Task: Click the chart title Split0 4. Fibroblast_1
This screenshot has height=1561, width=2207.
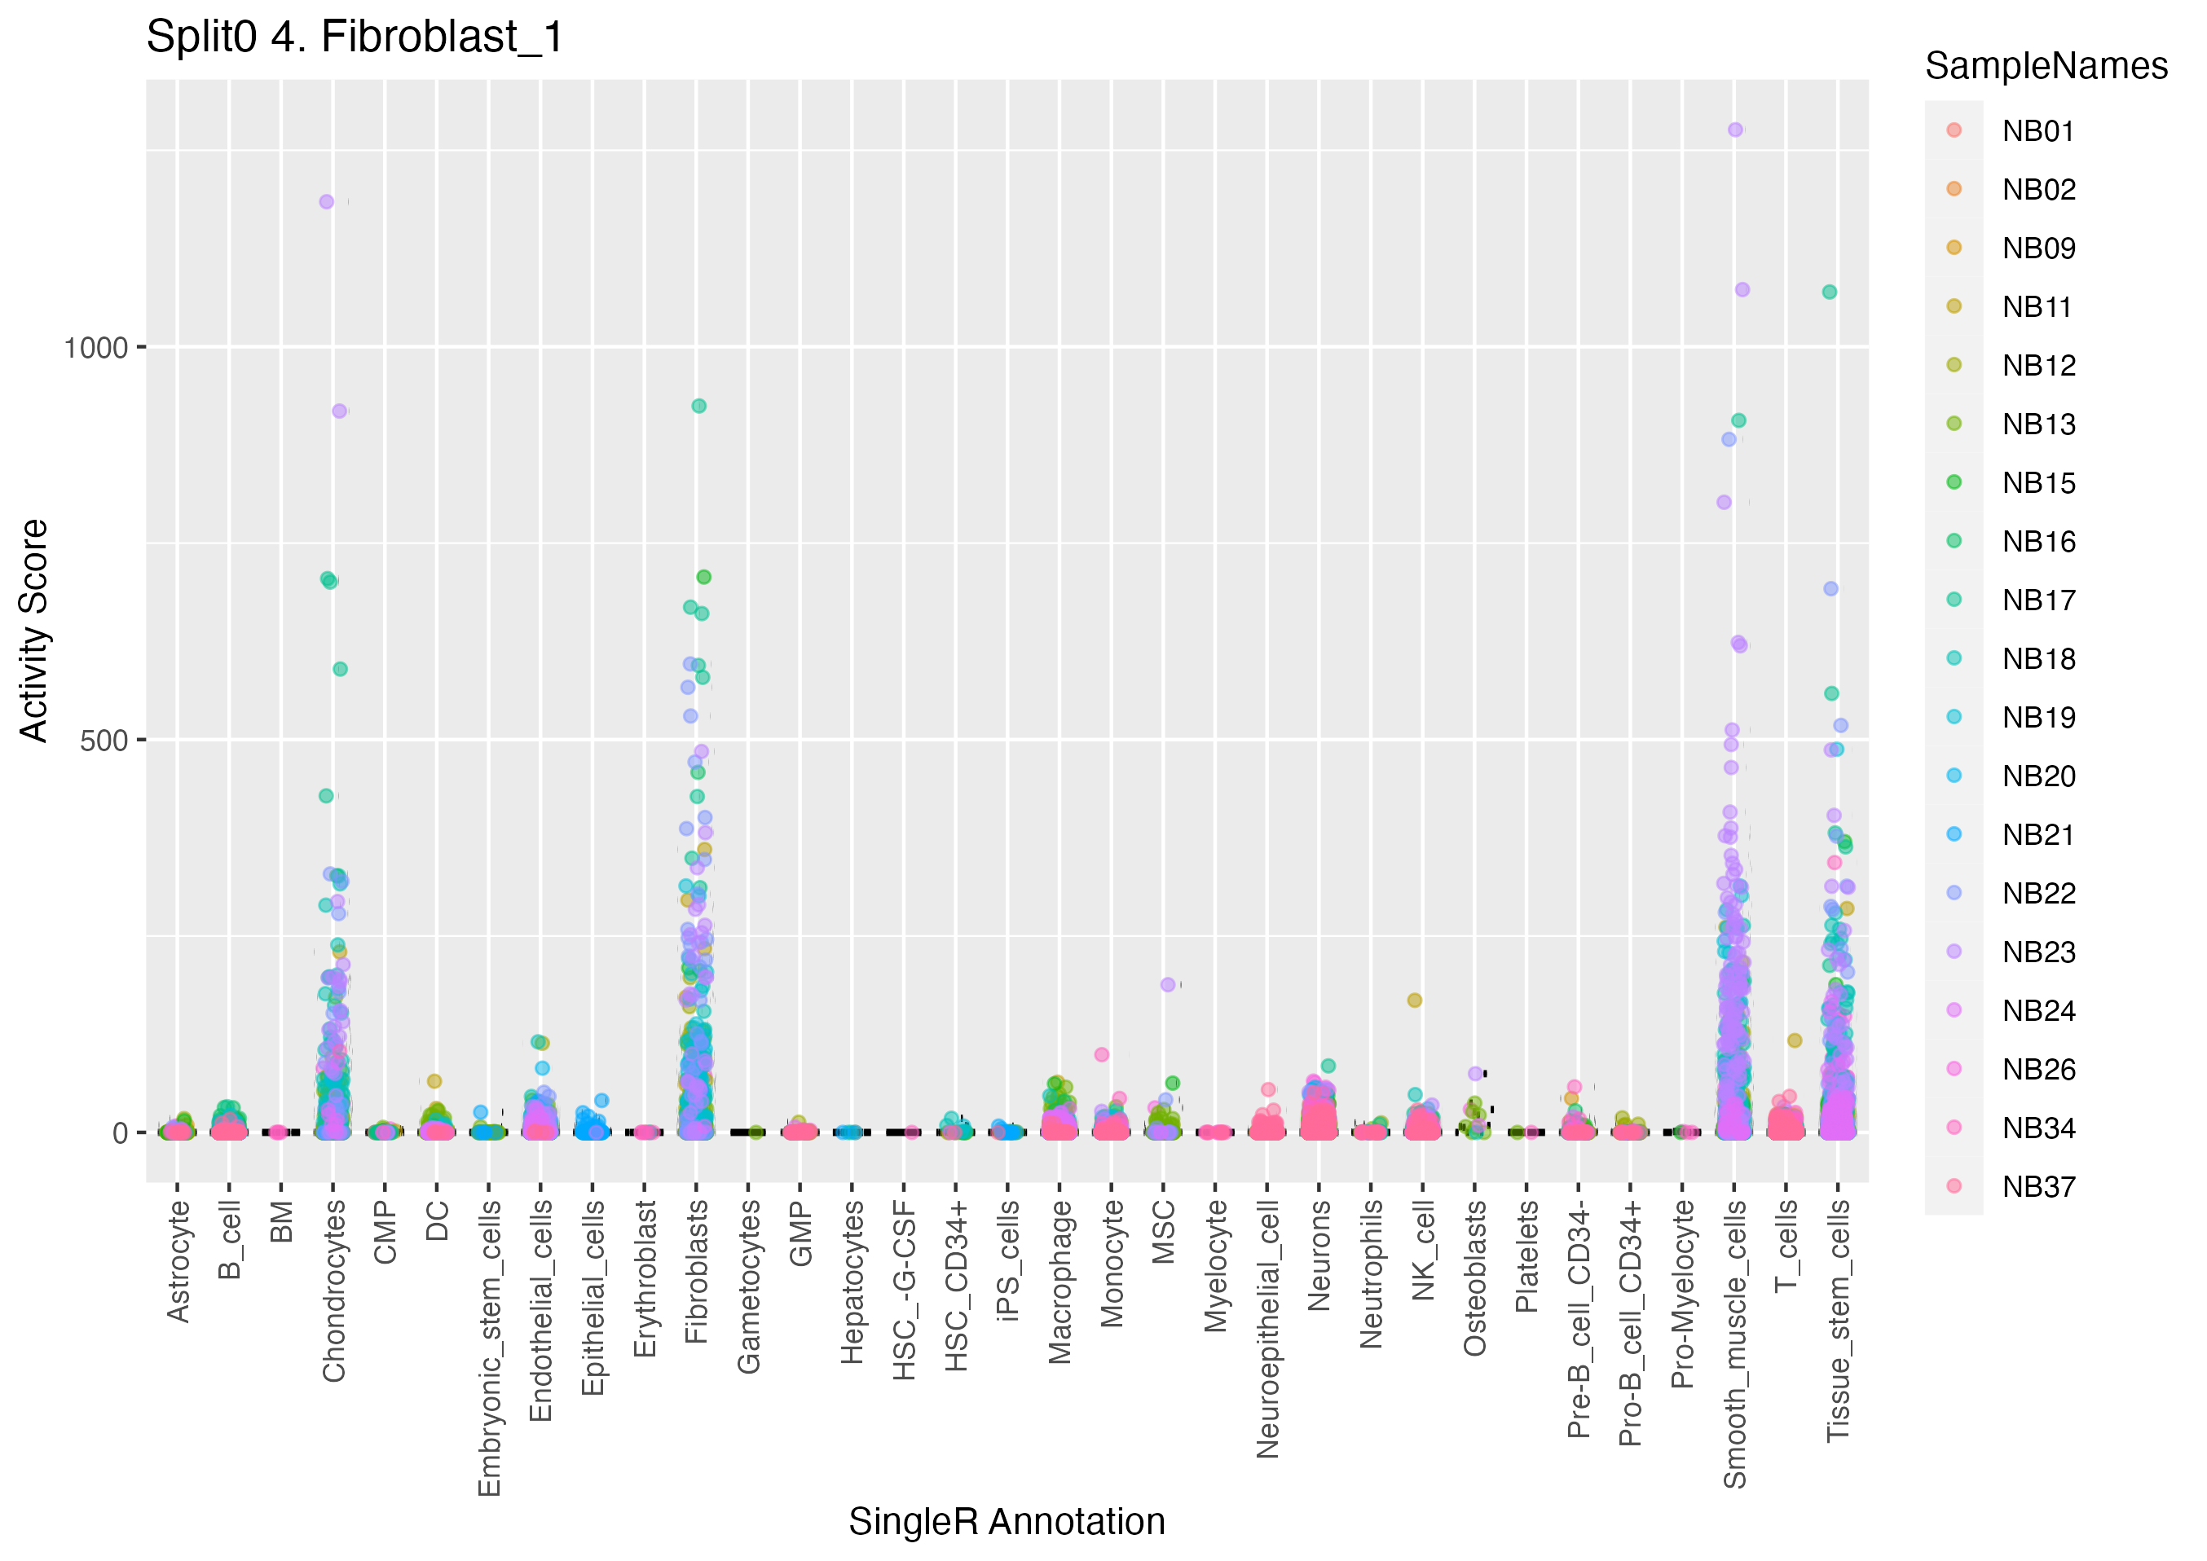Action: coord(354,38)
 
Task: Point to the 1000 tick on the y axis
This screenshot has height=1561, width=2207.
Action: coord(96,348)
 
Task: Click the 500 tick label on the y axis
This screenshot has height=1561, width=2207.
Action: coord(104,741)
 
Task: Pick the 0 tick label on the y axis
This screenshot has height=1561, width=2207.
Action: coord(120,1134)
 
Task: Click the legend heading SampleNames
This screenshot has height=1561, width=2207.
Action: coord(2046,66)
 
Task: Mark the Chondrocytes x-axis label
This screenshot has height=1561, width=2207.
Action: coord(333,1291)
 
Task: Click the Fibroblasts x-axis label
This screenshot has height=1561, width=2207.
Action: coord(697,1272)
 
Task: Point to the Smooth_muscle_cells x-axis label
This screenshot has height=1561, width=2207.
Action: coord(1735,1343)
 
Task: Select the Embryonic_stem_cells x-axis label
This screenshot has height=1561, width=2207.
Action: coord(489,1348)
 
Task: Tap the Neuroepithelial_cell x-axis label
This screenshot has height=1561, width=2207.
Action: coord(1268,1328)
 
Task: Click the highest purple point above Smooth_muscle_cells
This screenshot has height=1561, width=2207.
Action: coord(1735,130)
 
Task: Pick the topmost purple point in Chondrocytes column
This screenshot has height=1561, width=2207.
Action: coord(327,202)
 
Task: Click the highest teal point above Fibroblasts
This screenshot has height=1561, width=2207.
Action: coord(698,406)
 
